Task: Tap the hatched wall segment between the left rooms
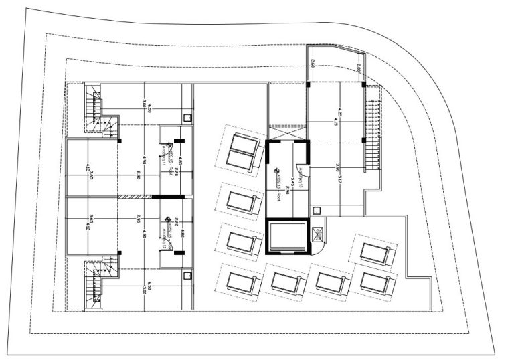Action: pyautogui.click(x=136, y=197)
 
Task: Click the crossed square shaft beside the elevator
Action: pyautogui.click(x=319, y=234)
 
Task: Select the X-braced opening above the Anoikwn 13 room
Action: pyautogui.click(x=286, y=130)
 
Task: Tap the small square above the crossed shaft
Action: pyautogui.click(x=317, y=211)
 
